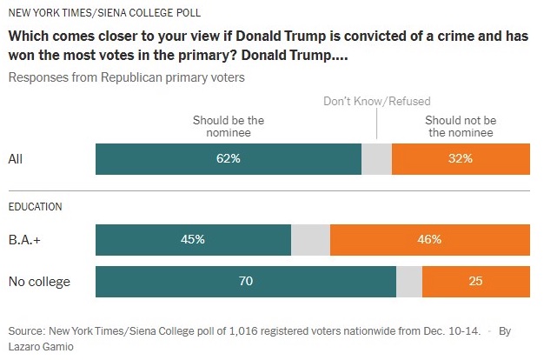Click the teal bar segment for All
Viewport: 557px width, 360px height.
228,159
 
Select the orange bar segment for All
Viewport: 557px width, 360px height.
461,159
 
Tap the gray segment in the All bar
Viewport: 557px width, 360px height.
376,159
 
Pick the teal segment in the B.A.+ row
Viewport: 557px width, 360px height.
193,239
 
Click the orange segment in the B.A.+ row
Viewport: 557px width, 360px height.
430,239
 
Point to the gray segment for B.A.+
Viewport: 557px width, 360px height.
310,239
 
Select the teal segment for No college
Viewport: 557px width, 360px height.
245,282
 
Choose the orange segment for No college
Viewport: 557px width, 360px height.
475,282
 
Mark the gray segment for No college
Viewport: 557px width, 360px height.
408,282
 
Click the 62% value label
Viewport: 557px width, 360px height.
229,159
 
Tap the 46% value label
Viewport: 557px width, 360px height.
429,239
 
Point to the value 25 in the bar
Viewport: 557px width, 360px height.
476,282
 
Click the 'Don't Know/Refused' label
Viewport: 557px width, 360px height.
376,102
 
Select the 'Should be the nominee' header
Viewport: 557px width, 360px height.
229,126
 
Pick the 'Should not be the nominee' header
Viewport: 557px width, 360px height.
461,126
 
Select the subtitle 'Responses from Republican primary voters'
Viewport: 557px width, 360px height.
126,77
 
